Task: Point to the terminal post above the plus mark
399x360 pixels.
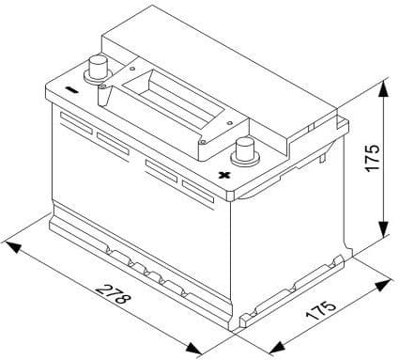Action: pyautogui.click(x=246, y=149)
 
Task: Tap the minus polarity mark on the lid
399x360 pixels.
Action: pyautogui.click(x=72, y=92)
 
